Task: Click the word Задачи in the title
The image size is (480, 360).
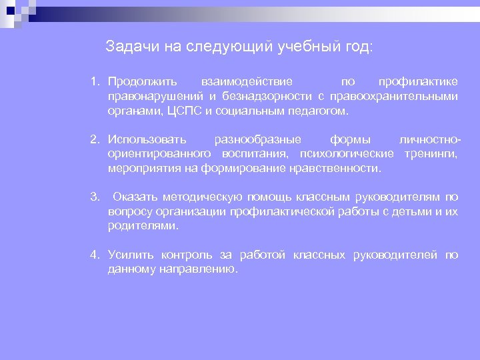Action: tap(129, 47)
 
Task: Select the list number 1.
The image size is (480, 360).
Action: tap(95, 82)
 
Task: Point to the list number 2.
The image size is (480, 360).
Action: tap(95, 140)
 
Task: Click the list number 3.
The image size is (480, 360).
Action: tap(95, 197)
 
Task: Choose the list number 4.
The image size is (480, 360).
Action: tap(95, 255)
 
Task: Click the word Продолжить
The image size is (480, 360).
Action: tap(143, 82)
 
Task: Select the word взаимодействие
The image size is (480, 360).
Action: tap(247, 82)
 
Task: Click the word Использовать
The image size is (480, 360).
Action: tap(147, 140)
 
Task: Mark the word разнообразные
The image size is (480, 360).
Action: tap(257, 140)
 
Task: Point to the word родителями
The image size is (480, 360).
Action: tap(143, 226)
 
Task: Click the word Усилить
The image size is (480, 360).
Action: tap(131, 255)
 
